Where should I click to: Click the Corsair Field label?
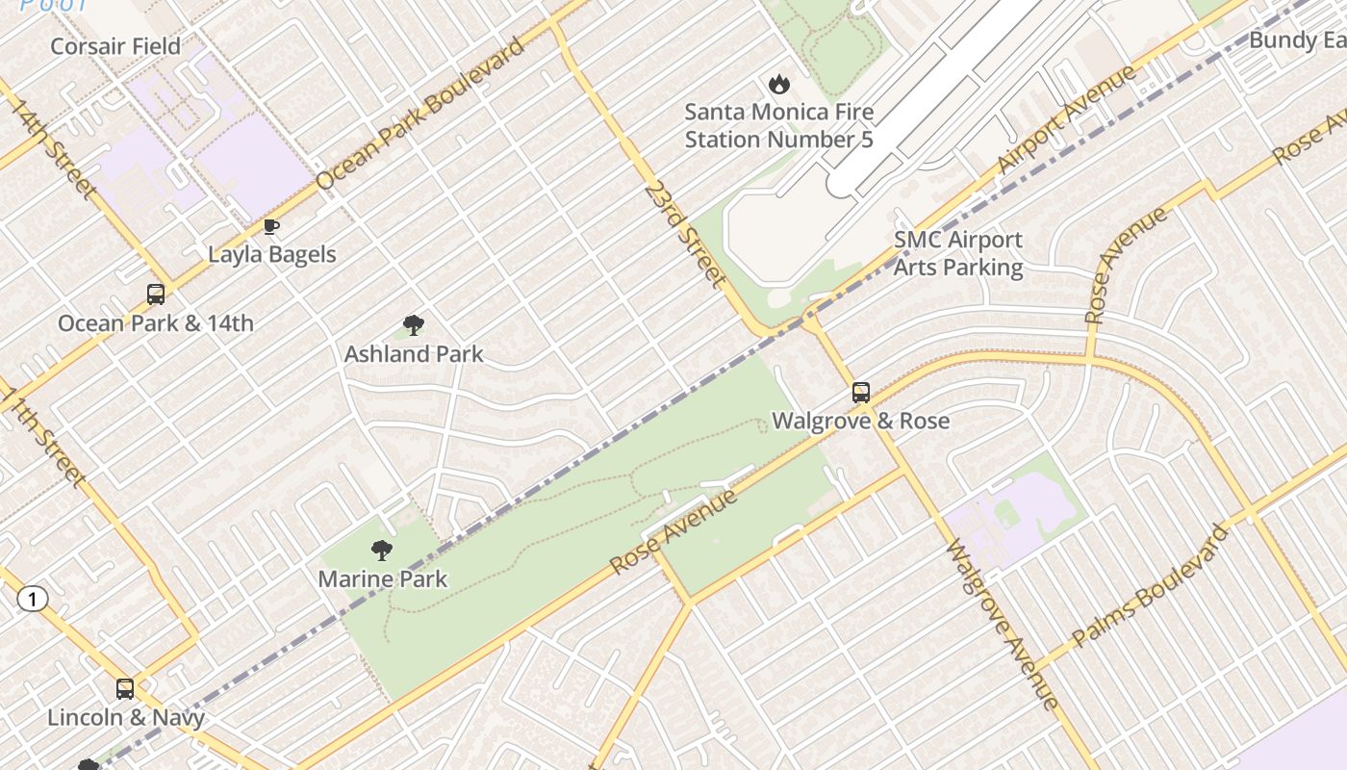(x=115, y=46)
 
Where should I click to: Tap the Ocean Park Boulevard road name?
(x=420, y=115)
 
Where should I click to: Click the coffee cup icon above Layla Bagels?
(x=271, y=227)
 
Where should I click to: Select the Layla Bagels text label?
(x=272, y=255)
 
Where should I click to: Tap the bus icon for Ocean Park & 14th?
(x=155, y=295)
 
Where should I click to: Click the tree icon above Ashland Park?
(x=414, y=325)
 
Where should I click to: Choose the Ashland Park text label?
(x=414, y=354)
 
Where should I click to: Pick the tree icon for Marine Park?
(x=382, y=551)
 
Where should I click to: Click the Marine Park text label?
(x=382, y=579)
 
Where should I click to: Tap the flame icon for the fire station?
(x=778, y=85)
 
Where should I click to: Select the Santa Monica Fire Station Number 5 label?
(x=778, y=126)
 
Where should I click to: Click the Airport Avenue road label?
(x=1066, y=120)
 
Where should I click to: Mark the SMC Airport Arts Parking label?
(x=958, y=253)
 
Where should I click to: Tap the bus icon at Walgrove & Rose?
(x=861, y=393)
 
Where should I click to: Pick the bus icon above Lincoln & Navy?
(x=125, y=689)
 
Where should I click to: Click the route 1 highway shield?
(x=33, y=600)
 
